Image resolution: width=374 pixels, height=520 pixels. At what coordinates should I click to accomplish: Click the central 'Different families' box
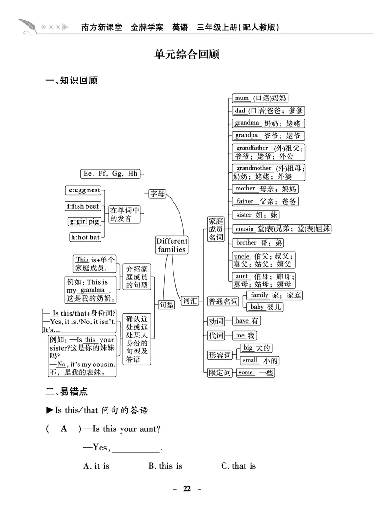[172, 245]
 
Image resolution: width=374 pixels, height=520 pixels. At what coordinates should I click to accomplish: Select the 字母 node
[158, 194]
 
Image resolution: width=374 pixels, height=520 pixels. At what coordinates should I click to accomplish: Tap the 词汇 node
[191, 301]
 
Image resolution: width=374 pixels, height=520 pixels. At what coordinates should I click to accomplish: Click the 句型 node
[166, 305]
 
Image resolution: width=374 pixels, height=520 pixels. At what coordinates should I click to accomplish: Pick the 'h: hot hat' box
[85, 237]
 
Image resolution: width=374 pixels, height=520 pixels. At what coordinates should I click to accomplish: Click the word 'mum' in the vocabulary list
[242, 98]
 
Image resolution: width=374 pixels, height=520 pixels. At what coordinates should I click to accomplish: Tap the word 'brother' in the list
[246, 243]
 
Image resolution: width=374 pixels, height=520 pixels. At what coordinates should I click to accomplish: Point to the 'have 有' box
[247, 321]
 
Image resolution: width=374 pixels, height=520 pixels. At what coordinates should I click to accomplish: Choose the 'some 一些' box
[255, 372]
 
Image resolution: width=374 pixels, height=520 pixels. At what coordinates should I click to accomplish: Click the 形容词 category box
[220, 355]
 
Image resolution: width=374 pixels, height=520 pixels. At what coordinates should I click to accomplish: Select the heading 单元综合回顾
[187, 55]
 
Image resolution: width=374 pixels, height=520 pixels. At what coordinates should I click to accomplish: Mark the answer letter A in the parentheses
[65, 429]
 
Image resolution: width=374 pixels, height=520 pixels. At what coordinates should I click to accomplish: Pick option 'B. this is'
[165, 466]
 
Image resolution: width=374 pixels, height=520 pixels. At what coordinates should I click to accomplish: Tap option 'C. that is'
[238, 466]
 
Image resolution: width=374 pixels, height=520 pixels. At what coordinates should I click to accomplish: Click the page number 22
[187, 489]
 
